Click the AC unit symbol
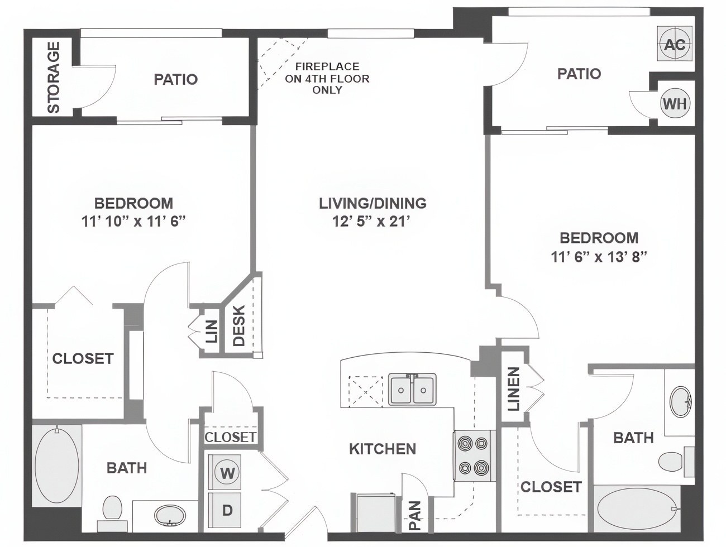[675, 45]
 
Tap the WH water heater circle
[675, 103]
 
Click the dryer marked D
[227, 510]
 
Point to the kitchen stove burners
[474, 455]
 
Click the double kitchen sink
[413, 390]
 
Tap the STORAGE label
[54, 78]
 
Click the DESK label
[239, 326]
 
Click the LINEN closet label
[513, 389]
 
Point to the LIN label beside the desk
[212, 331]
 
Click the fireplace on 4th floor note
[327, 78]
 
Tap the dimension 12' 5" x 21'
[372, 222]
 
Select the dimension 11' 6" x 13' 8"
[599, 257]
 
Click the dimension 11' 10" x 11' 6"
[133, 222]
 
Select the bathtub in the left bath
[57, 465]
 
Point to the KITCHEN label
[383, 449]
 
